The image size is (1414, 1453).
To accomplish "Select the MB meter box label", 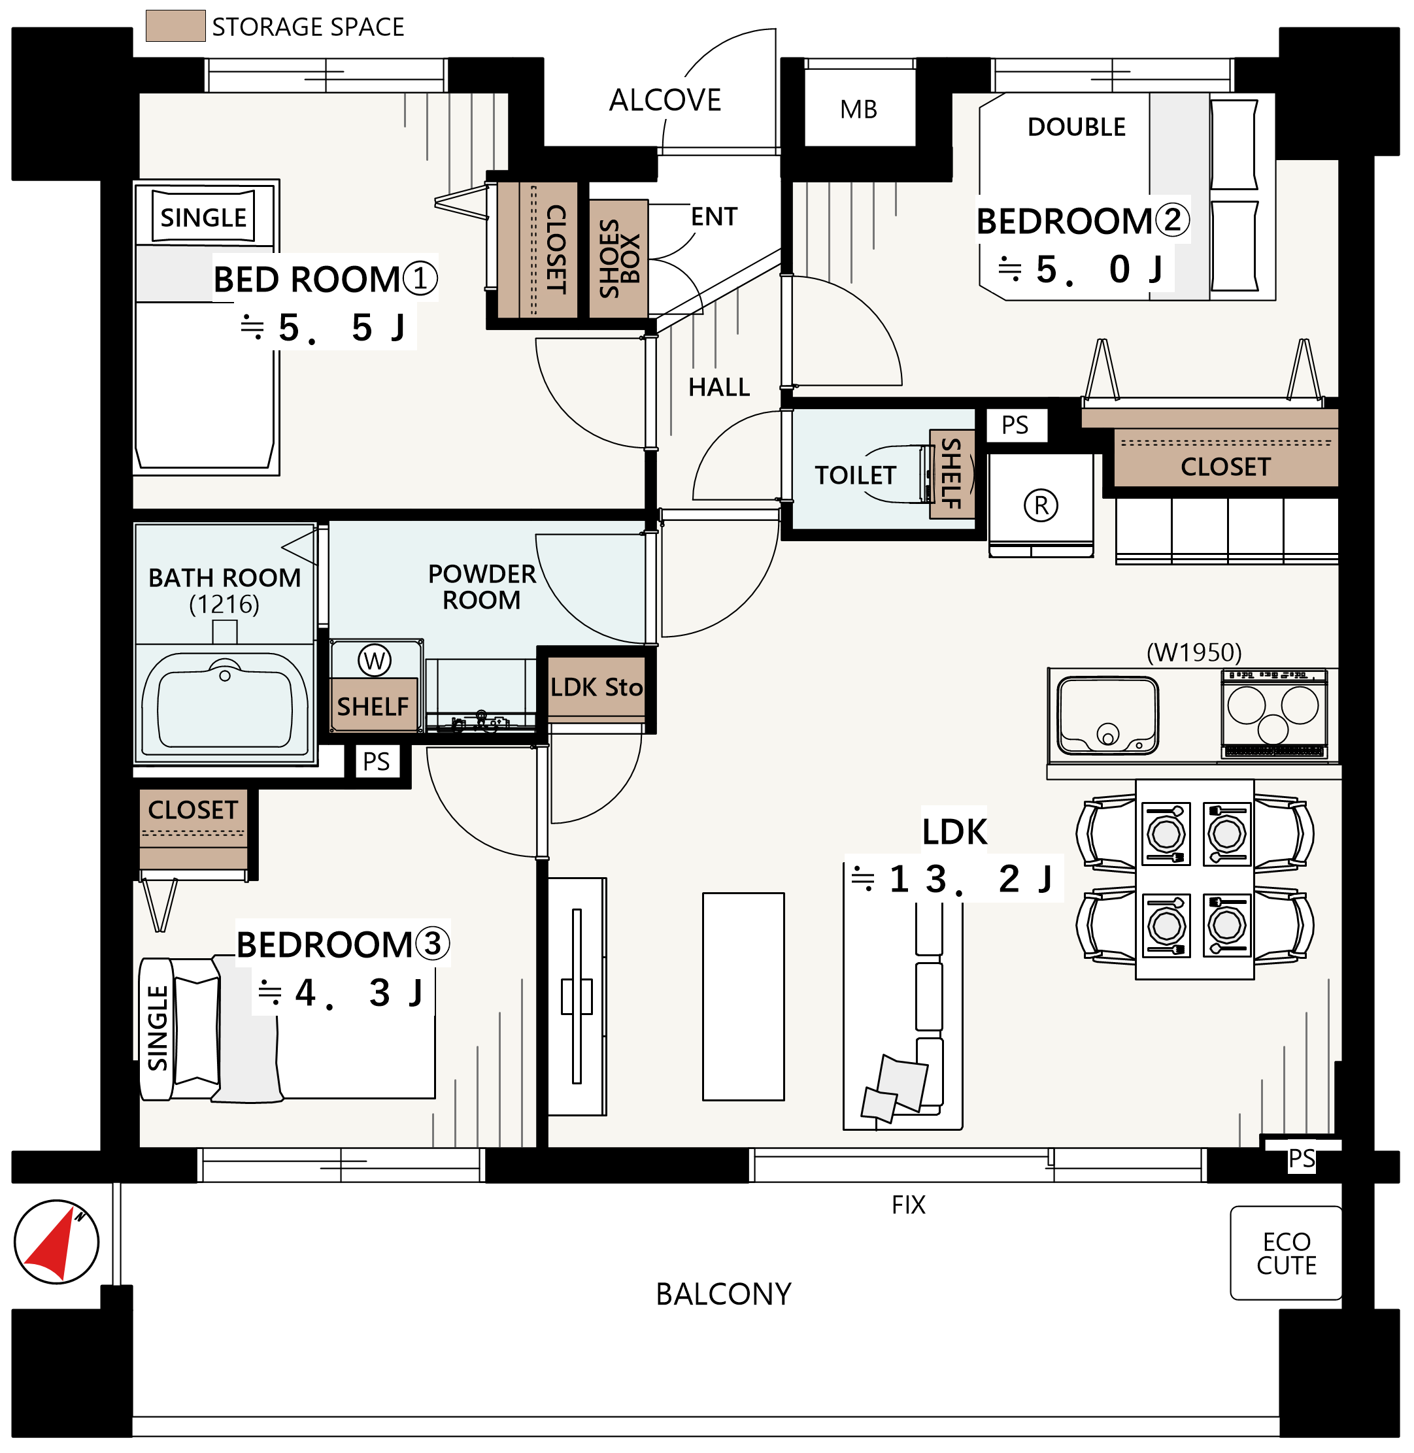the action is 858,110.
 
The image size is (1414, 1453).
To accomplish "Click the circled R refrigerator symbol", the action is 1041,506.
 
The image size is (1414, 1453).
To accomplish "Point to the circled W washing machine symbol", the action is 375,660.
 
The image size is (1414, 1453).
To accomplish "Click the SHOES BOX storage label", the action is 618,258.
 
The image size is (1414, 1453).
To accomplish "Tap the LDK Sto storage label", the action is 596,688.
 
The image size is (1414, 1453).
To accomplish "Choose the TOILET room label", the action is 856,475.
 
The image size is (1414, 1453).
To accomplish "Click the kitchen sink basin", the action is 1107,714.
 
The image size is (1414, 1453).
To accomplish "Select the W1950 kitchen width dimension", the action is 1194,652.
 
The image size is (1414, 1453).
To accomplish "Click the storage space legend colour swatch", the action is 175,26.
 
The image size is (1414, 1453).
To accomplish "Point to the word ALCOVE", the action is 665,100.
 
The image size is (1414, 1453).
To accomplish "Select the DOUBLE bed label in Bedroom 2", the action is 1077,127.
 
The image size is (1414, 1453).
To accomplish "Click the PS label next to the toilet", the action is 1015,426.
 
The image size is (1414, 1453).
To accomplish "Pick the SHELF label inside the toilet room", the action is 951,474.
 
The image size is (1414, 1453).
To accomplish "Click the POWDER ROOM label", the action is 482,586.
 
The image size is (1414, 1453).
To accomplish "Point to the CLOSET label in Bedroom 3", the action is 193,809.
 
